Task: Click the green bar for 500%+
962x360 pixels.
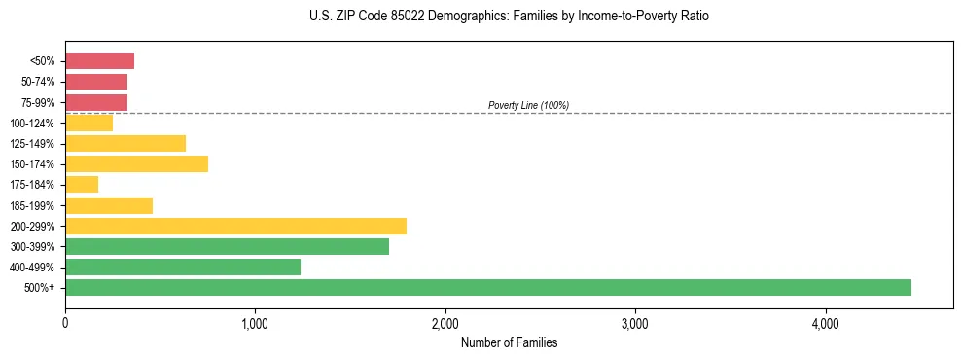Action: tap(487, 287)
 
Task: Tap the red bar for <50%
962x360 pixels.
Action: tap(99, 61)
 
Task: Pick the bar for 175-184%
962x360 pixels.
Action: tap(82, 185)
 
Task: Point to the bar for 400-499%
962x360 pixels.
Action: tap(183, 267)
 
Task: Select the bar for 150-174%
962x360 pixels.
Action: tap(136, 164)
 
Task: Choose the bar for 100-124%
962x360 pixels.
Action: tap(89, 123)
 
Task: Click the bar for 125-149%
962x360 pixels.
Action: tap(125, 144)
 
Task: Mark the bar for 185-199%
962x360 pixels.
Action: tap(109, 205)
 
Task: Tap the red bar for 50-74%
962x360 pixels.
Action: tap(96, 82)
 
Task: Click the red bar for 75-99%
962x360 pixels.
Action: tap(96, 102)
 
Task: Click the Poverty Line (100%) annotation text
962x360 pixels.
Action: tap(528, 105)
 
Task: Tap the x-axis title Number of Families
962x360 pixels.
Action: tap(509, 342)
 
